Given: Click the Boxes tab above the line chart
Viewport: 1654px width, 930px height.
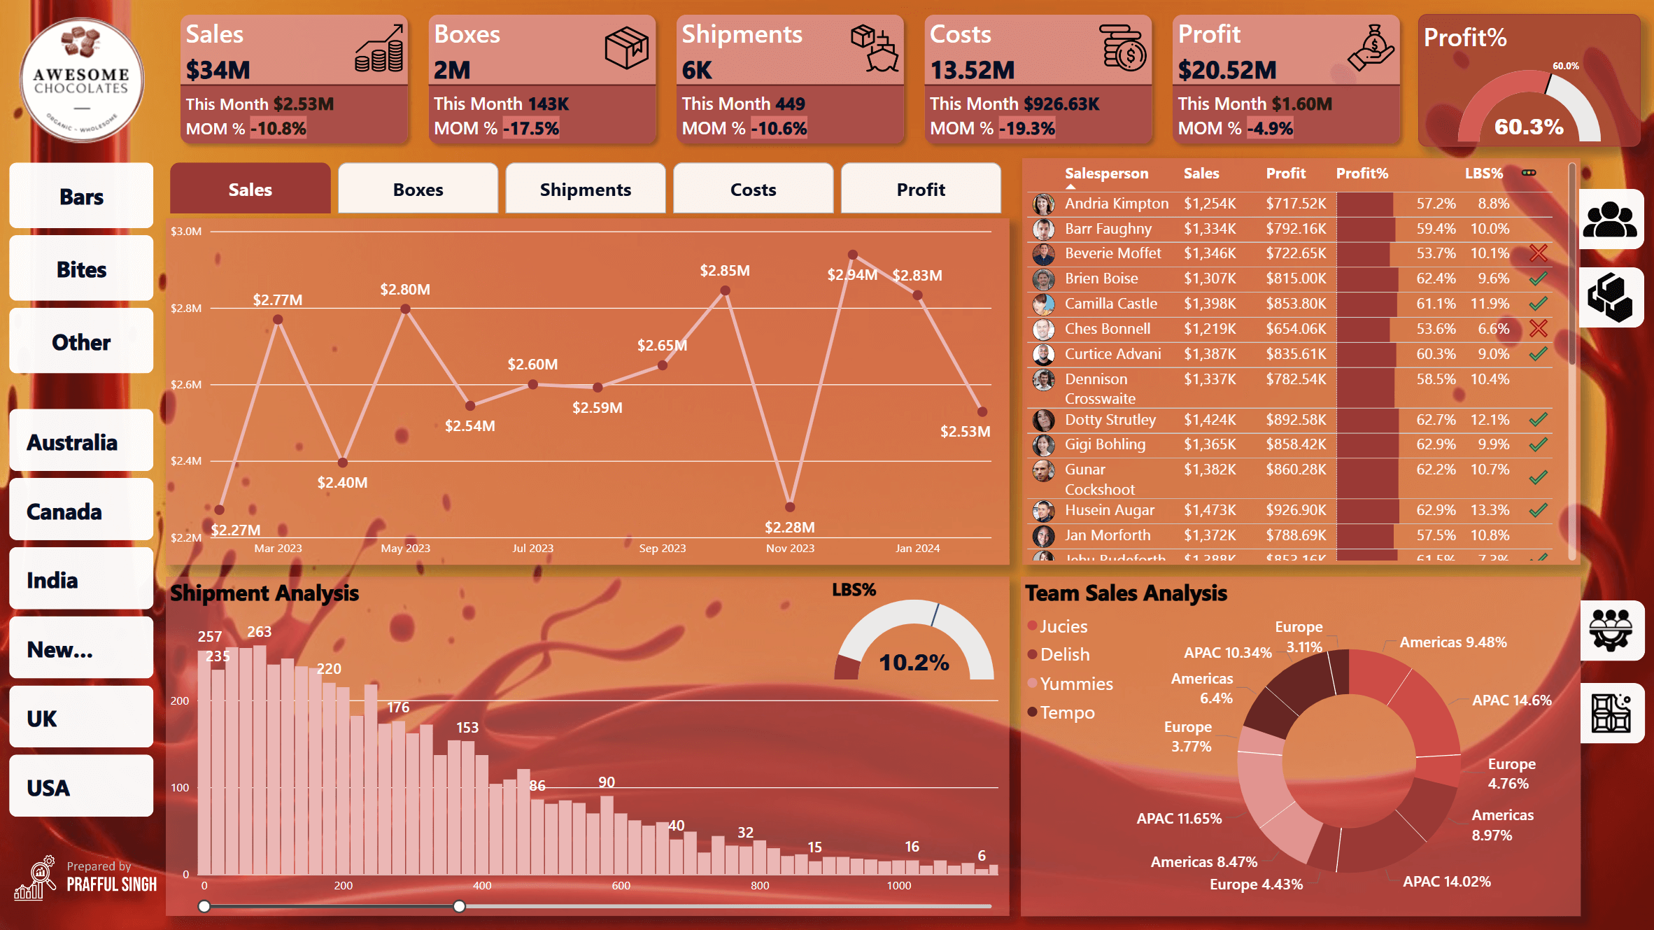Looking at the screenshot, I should point(418,190).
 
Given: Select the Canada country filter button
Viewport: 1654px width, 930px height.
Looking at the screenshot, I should point(81,512).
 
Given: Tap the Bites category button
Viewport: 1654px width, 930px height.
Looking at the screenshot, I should point(81,269).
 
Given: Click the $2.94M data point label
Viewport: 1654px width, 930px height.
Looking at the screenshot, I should point(851,275).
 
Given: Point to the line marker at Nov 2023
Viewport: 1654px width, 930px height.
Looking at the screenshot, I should point(790,507).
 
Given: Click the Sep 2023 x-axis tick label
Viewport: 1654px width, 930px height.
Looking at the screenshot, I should point(662,549).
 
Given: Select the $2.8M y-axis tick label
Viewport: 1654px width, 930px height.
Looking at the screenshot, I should point(186,308).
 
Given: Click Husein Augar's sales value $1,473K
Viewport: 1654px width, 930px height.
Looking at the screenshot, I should point(1210,510).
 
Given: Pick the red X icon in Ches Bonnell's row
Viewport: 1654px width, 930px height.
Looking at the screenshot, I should point(1538,328).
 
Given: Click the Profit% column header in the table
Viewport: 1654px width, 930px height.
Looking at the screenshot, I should point(1362,174).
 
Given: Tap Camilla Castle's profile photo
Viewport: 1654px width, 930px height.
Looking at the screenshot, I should point(1043,304).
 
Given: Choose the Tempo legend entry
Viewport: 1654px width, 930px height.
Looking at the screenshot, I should point(1066,712).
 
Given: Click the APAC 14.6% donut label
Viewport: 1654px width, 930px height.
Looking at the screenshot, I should point(1511,700).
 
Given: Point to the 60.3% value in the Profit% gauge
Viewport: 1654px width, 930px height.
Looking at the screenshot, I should point(1529,127).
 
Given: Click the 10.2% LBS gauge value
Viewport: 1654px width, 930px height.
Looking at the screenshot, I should point(914,663).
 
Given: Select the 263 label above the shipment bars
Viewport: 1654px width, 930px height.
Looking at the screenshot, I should point(259,632).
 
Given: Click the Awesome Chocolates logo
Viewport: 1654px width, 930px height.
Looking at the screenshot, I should point(82,80).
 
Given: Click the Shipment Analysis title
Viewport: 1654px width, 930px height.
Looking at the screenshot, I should point(264,593).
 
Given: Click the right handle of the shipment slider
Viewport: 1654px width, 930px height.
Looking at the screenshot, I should point(459,906).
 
